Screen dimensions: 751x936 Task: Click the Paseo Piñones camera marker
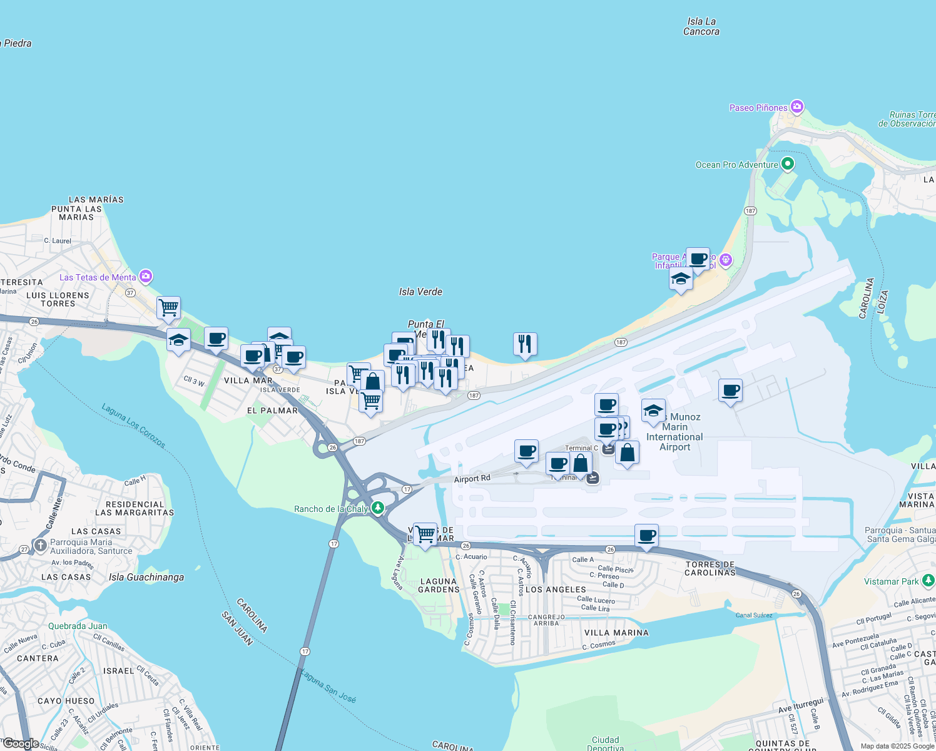[796, 107]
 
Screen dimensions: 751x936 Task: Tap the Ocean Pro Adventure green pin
[788, 165]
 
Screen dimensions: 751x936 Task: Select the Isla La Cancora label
[701, 26]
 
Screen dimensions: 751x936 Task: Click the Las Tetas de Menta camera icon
[146, 276]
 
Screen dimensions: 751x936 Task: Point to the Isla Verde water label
[420, 292]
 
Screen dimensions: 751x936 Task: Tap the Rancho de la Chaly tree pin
[377, 508]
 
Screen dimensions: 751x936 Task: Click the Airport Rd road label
[472, 479]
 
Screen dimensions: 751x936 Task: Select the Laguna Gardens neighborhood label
[439, 585]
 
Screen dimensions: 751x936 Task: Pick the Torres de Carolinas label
[710, 568]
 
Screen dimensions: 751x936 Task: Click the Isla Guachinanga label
[146, 577]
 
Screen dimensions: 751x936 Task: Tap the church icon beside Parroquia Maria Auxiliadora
[41, 545]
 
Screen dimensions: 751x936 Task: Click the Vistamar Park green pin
[928, 581]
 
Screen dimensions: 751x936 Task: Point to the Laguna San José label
[328, 686]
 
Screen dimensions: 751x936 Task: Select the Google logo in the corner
[20, 743]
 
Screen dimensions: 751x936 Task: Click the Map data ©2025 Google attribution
[897, 746]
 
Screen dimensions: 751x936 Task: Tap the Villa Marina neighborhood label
[616, 633]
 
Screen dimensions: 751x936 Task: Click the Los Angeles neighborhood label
[556, 590]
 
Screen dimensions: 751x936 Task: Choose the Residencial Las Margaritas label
[135, 508]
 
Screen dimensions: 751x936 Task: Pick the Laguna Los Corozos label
[133, 426]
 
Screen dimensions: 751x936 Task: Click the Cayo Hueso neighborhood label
[66, 701]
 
